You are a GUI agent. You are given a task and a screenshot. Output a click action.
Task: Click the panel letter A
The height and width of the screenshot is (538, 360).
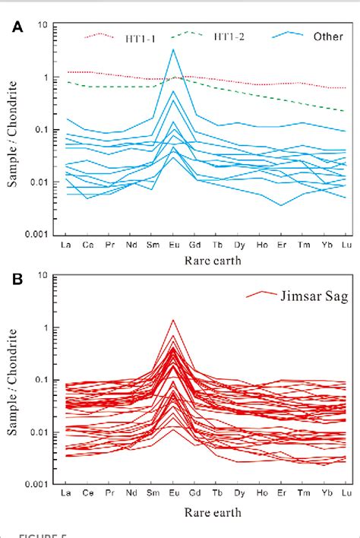coord(16,27)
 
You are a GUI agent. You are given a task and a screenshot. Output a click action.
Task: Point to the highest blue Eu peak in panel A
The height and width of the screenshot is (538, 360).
coord(174,49)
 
